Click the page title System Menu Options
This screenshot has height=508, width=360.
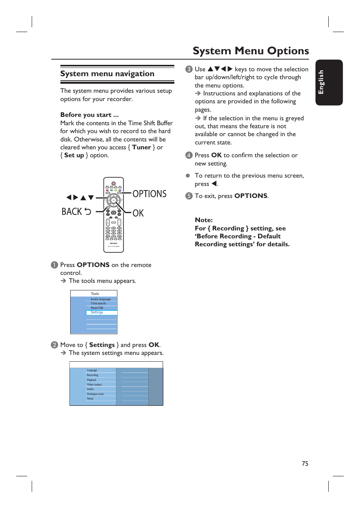pos(251,51)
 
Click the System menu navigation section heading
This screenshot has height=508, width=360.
pos(107,74)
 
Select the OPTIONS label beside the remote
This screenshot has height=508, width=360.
pos(149,194)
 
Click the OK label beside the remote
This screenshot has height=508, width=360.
pos(138,213)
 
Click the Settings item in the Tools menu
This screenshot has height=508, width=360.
pos(97,312)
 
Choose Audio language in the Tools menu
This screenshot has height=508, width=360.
pos(100,299)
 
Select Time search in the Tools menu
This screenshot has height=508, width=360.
pos(98,303)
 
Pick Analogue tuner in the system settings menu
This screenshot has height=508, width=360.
pos(95,394)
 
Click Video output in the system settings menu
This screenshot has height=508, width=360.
pos(94,384)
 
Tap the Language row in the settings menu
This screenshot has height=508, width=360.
pos(92,370)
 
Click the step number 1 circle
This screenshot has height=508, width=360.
pos(54,265)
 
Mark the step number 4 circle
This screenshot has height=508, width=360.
pos(189,155)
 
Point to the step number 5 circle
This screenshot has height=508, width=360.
pos(189,196)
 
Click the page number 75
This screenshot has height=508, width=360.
pos(305,463)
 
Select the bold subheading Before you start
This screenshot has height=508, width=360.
pos(89,115)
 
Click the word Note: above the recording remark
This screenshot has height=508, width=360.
pos(203,220)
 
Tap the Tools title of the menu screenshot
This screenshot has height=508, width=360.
pos(95,293)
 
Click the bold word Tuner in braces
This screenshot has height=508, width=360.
pos(142,147)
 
